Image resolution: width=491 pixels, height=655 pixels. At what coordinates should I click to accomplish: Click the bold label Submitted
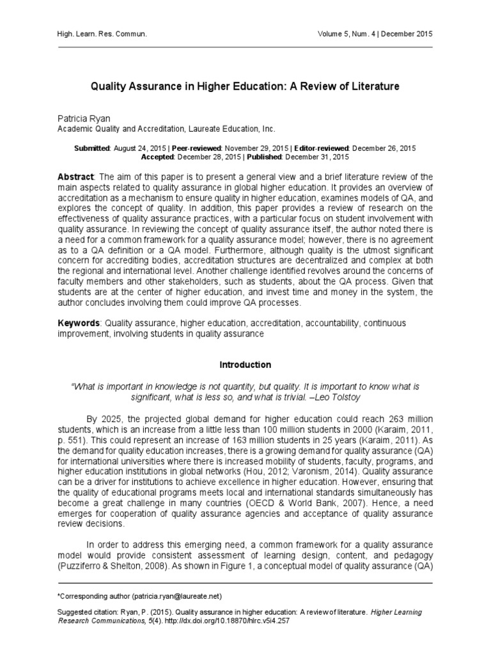tap(91, 148)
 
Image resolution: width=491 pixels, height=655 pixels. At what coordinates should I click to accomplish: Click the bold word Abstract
tap(75, 177)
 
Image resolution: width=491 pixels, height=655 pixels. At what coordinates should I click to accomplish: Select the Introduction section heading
tap(245, 365)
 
